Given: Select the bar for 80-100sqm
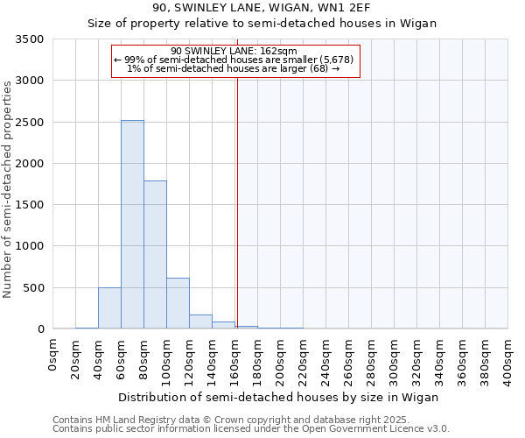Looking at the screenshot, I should (x=155, y=254).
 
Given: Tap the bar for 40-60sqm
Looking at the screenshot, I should (x=109, y=307).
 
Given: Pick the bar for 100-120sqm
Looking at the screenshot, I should (x=178, y=303).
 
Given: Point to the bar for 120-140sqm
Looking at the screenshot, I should (x=200, y=321).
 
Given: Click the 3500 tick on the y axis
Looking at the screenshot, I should (x=29, y=40).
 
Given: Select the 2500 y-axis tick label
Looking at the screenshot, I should (x=29, y=123).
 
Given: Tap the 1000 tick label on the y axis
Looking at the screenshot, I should (x=29, y=247).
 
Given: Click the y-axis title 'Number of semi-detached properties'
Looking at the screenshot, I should (x=9, y=189).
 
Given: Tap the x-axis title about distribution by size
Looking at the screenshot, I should (x=277, y=397).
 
